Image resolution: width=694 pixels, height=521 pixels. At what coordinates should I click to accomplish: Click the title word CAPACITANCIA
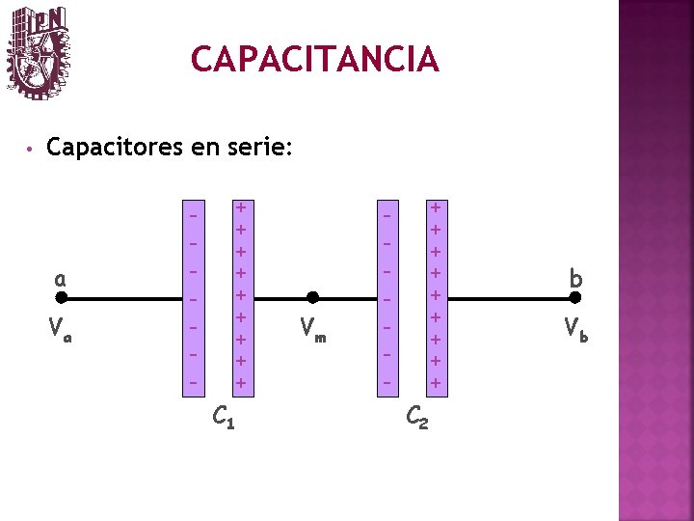point(314,60)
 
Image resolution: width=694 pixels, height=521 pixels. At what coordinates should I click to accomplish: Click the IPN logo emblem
point(38,53)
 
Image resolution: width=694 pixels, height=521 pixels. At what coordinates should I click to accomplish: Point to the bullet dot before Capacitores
point(32,150)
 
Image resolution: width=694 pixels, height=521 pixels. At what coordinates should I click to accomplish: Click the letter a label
point(60,279)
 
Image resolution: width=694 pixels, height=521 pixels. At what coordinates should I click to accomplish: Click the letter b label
point(575,279)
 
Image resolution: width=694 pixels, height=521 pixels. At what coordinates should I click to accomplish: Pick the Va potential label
point(60,334)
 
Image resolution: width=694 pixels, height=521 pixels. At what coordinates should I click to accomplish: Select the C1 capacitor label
point(223,418)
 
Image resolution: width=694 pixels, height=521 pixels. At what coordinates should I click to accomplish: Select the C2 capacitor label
point(417,418)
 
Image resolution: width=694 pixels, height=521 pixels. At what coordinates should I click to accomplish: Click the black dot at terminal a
point(60,298)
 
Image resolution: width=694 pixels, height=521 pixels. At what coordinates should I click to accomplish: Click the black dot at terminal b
point(576,298)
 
